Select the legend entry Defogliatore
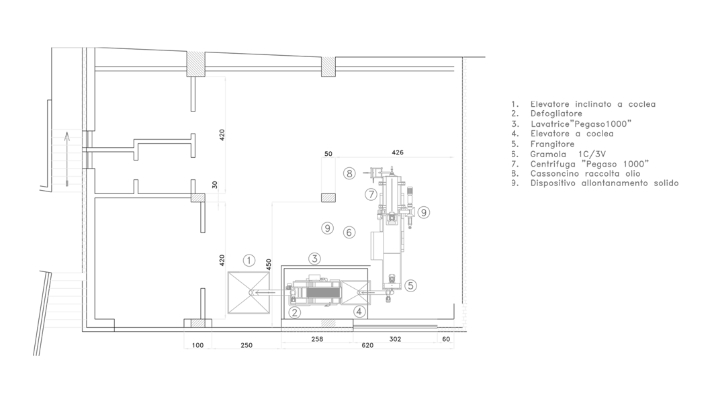pos(556,114)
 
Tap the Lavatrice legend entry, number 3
pos(581,124)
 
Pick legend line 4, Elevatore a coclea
pos(572,134)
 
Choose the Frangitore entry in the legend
pos(552,144)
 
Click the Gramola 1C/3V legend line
pos(568,154)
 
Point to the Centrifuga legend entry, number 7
pos(590,163)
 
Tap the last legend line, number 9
pos(604,183)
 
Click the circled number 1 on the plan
pos(249,260)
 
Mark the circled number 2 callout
pos(294,312)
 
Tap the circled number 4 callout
pos(359,311)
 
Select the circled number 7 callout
pos(371,194)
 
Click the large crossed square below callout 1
pos(249,292)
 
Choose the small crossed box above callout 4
pos(357,292)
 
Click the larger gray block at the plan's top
pos(195,63)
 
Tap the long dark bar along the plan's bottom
pos(396,327)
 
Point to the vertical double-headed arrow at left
pos(66,159)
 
